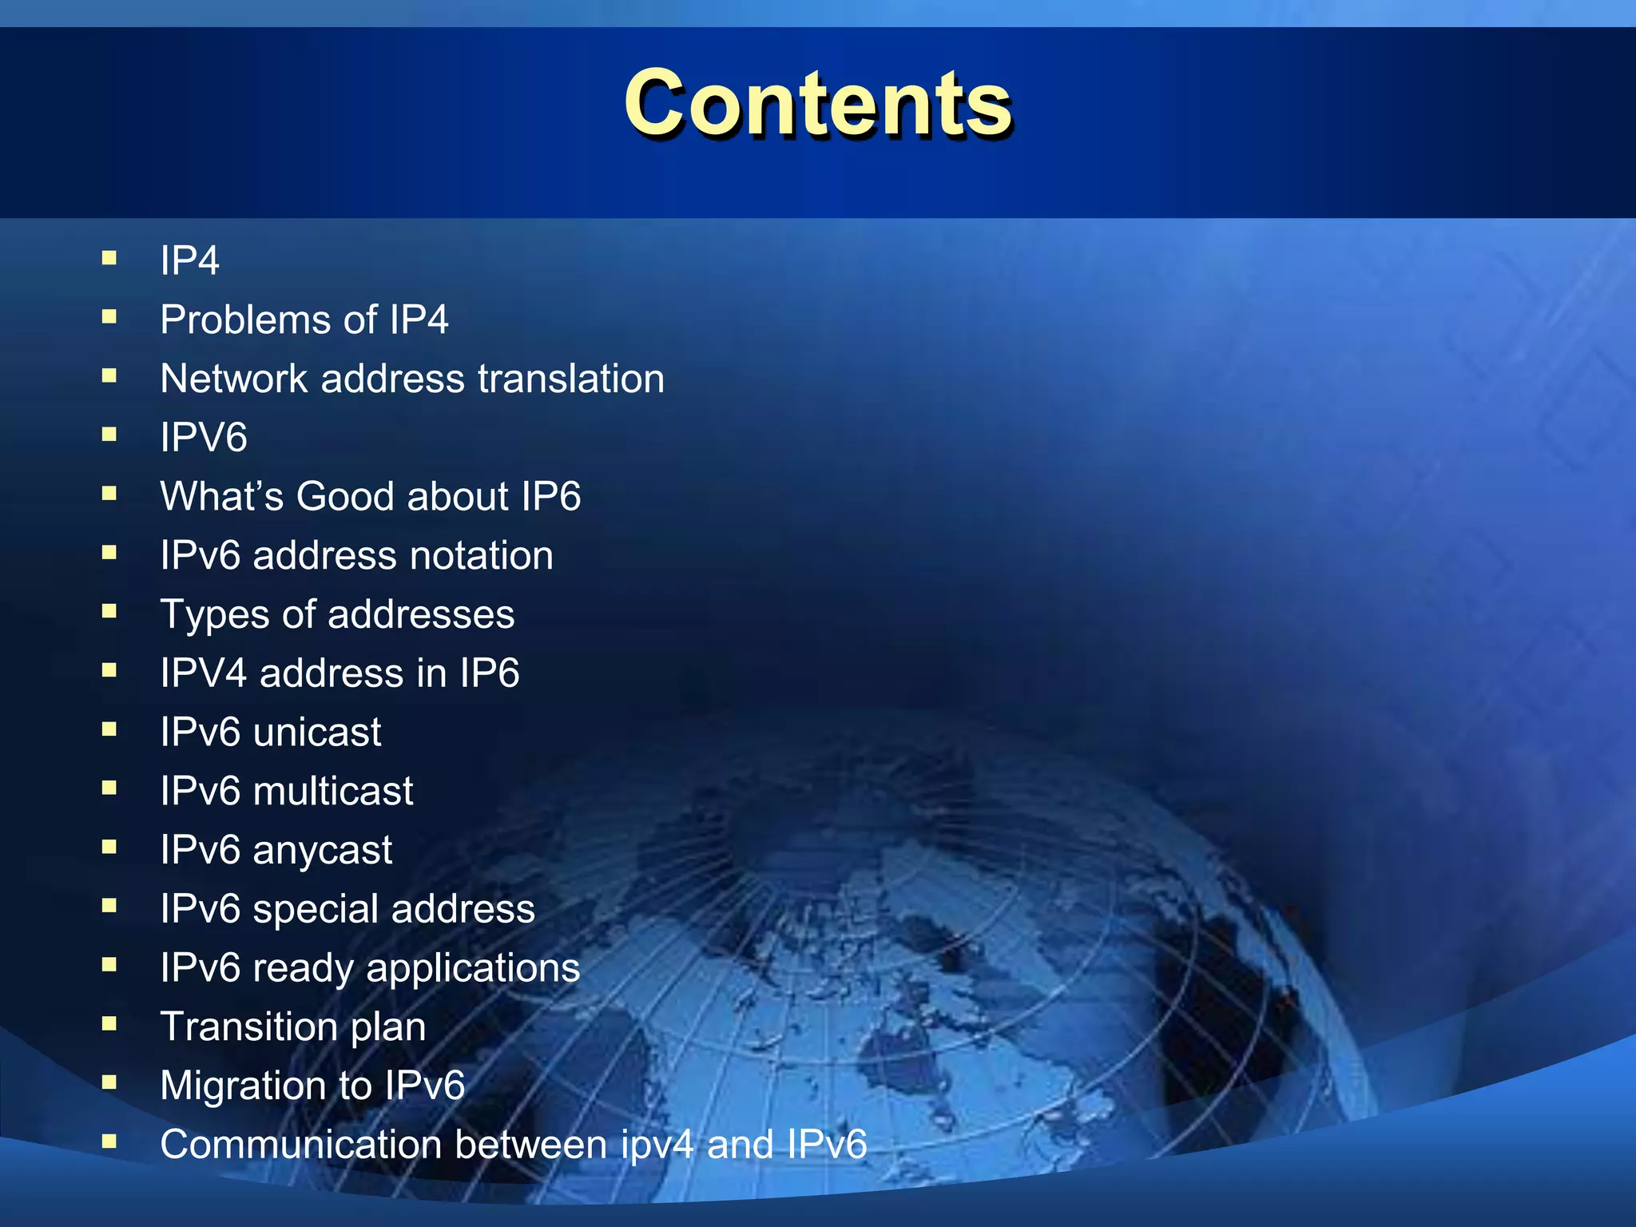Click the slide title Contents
pos(818,104)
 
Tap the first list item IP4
pos(189,261)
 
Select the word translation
pos(570,379)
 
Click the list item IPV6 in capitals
pos(204,438)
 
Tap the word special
pos(315,909)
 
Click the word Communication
pos(300,1145)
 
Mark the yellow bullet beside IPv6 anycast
pos(109,847)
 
